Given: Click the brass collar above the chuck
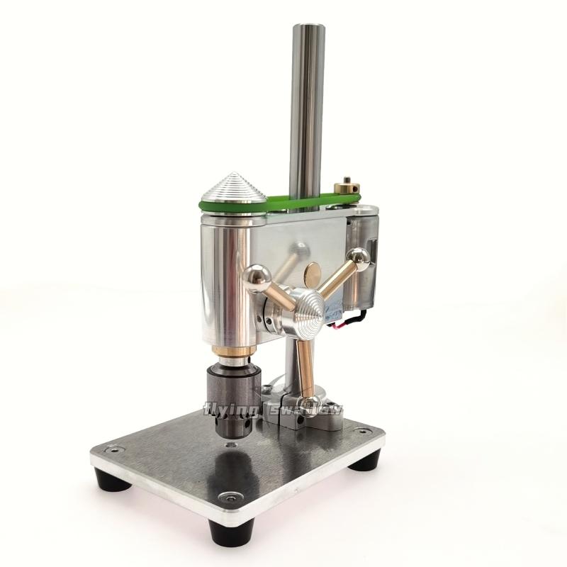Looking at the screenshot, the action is pos(234,351).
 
